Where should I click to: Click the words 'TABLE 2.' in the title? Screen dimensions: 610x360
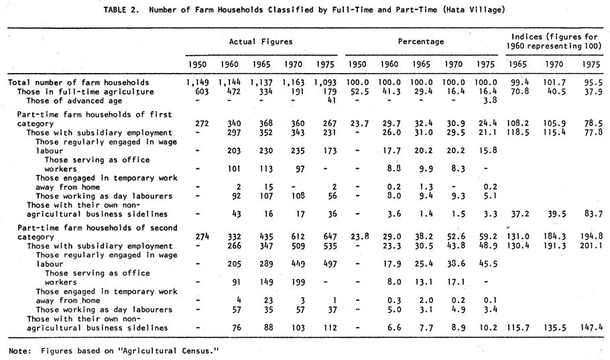pos(121,10)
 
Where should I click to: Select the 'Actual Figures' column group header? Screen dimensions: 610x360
pos(261,42)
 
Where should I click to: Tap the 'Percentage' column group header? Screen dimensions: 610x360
pos(421,42)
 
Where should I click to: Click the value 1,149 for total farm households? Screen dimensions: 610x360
pos(197,82)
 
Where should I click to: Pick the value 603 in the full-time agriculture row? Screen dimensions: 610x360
pos(202,92)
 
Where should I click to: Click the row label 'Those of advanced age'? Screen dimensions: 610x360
pos(74,101)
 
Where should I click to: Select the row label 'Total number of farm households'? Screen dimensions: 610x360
pos(78,82)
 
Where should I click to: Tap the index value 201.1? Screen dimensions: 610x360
pos(591,246)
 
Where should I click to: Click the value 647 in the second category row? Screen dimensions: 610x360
pos(329,237)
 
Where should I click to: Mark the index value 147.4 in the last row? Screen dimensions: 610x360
pos(591,328)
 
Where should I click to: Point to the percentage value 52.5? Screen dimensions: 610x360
pos(359,92)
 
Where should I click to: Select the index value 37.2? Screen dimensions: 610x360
pos(517,214)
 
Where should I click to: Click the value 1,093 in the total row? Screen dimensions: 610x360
pos(325,82)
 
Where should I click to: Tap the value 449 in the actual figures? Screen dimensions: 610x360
pos(298,264)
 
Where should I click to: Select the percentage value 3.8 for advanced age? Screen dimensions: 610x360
pos(490,101)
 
